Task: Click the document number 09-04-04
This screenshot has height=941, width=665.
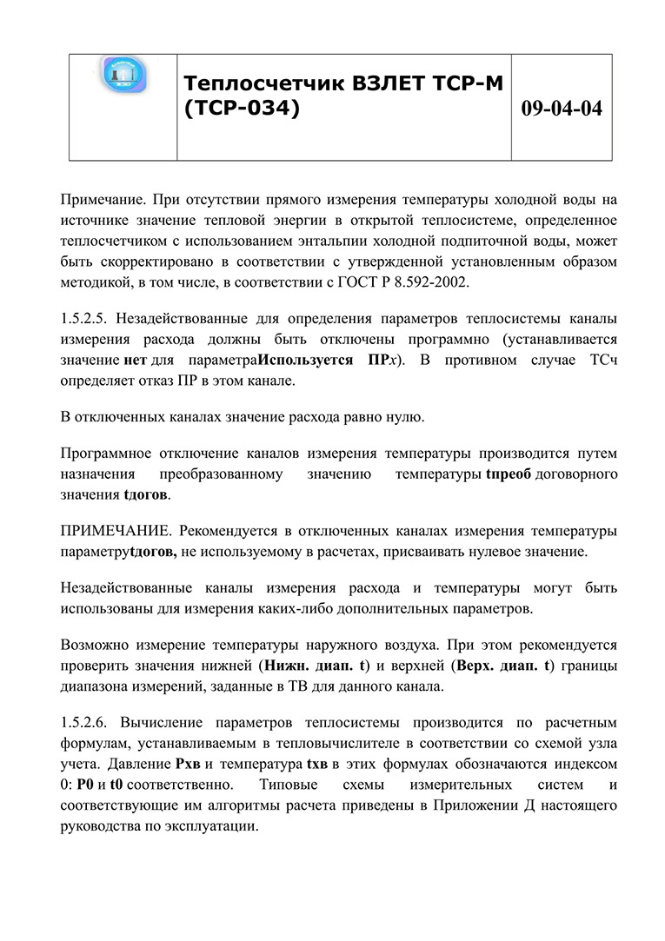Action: point(561,109)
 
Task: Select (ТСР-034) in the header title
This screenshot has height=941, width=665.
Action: point(243,109)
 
